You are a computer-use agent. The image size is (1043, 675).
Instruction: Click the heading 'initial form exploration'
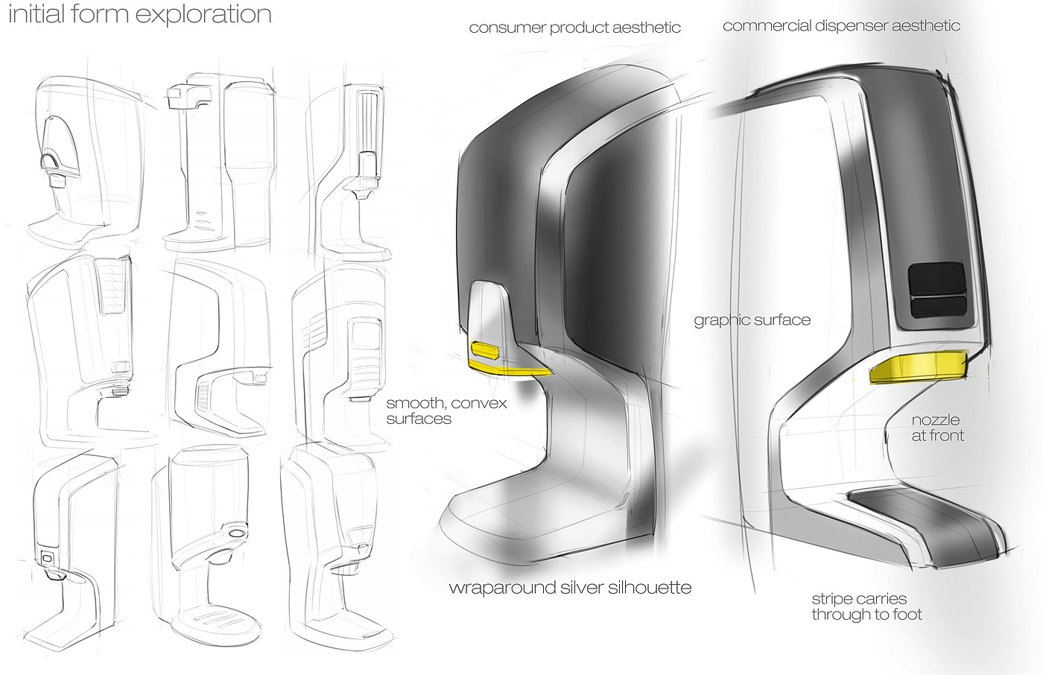[x=139, y=14]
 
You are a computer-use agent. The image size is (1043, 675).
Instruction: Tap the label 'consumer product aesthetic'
[x=574, y=28]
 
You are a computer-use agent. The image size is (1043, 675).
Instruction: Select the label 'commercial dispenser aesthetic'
[x=841, y=26]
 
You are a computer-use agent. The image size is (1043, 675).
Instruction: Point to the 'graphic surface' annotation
[x=752, y=320]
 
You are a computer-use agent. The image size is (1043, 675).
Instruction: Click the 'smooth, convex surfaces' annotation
[x=446, y=411]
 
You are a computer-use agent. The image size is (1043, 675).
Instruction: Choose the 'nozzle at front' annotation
[x=937, y=428]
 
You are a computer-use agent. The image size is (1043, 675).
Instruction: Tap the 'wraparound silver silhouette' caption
[x=570, y=588]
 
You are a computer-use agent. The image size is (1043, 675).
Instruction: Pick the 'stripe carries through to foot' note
[x=866, y=606]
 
